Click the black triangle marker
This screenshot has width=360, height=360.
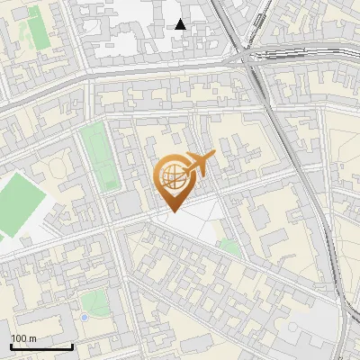[181, 24]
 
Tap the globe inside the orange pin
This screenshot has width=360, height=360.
[172, 176]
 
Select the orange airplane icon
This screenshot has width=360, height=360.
[198, 165]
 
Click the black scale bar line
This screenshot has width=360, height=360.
[41, 346]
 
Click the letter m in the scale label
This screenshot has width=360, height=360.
[33, 338]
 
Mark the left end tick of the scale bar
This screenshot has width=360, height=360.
[11, 345]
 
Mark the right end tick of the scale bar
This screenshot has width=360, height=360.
[72, 345]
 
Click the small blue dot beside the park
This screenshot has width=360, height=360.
[84, 317]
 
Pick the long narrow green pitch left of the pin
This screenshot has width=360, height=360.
[99, 157]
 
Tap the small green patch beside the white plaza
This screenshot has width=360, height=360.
[229, 246]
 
